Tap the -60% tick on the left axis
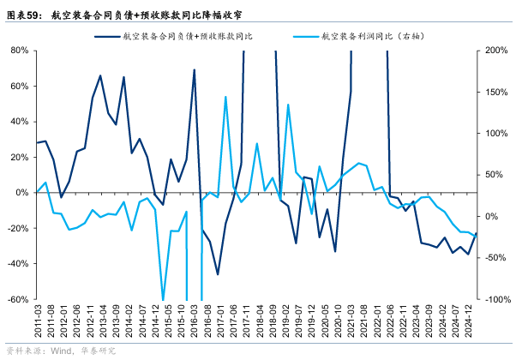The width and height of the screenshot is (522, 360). pos(17,299)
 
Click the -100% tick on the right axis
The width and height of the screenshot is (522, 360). pos(495,299)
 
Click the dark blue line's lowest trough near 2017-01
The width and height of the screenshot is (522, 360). pos(218,274)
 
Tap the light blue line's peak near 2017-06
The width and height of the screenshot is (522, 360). pos(225,97)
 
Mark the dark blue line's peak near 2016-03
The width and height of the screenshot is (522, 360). pos(195,70)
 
